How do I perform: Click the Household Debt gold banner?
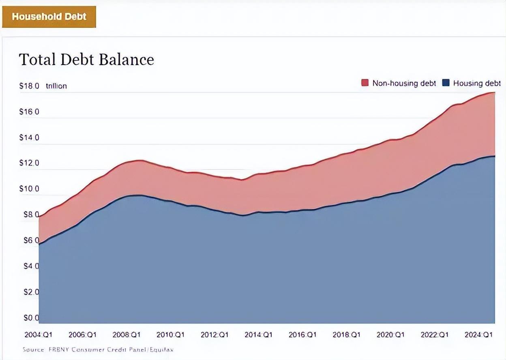pos(49,17)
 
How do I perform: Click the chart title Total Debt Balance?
pos(86,60)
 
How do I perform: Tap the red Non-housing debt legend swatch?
pos(365,83)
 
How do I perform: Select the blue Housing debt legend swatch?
pos(446,83)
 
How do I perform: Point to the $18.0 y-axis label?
pos(29,86)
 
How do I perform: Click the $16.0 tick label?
pos(29,111)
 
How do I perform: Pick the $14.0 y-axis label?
pos(29,137)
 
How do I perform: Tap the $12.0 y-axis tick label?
pos(29,163)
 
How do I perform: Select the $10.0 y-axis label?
pos(29,189)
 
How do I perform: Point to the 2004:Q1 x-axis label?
pos(39,335)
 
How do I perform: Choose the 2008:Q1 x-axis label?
pos(126,335)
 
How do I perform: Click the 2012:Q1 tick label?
pos(214,335)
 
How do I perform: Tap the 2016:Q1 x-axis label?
pos(302,335)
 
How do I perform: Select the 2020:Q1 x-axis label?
pos(390,335)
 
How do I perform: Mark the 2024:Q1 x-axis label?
pos(479,335)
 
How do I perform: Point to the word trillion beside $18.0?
pos(56,86)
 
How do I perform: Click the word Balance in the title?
pos(127,60)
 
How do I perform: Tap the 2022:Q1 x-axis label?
pos(435,335)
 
